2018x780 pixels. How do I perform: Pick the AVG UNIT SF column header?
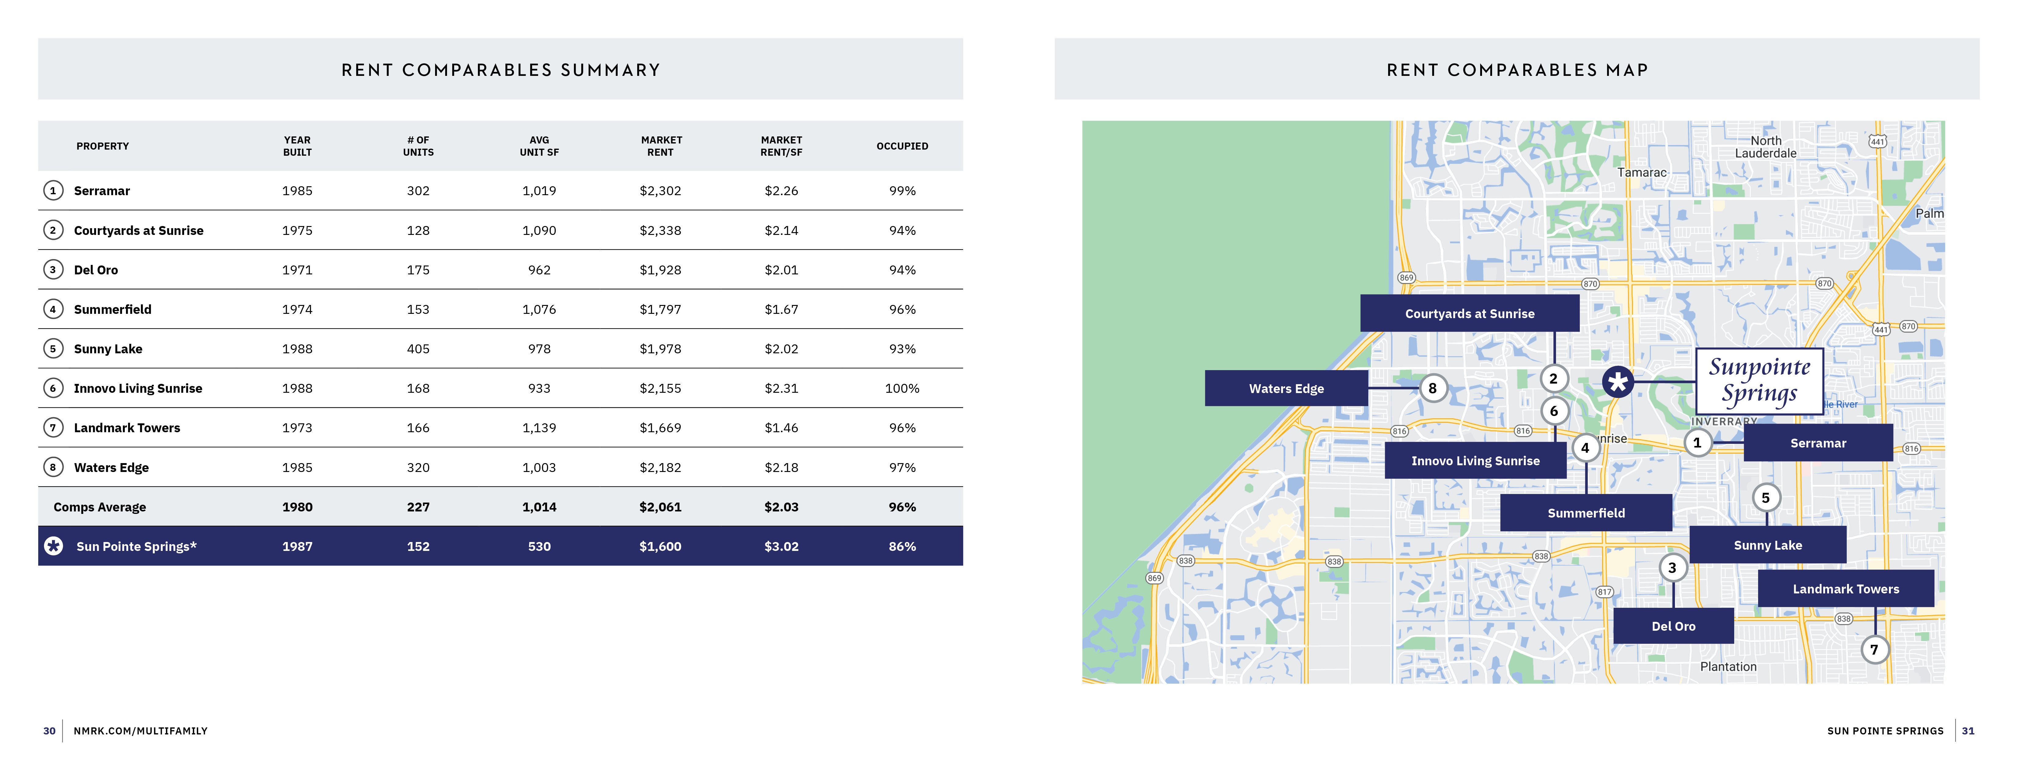(539, 146)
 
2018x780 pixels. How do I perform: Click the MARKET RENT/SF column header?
(781, 146)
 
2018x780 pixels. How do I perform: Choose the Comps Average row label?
(99, 507)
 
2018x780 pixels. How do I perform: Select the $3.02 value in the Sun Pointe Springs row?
(781, 546)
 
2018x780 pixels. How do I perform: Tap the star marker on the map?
(1618, 382)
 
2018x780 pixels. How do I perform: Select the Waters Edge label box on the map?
(1286, 388)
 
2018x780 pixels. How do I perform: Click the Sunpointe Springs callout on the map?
(1760, 381)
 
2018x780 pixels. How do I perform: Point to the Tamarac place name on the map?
(1642, 173)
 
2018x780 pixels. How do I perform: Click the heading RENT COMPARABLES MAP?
(1517, 70)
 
